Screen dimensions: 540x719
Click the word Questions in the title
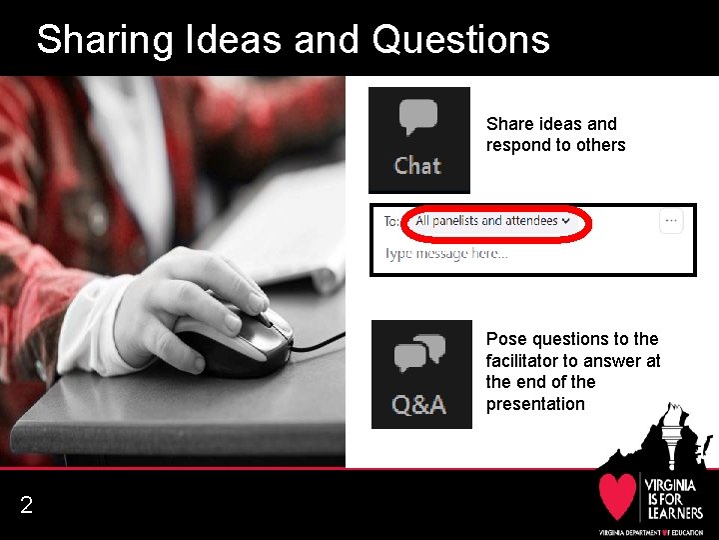point(460,40)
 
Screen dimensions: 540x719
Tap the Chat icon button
point(418,139)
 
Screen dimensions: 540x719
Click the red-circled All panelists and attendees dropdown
point(492,221)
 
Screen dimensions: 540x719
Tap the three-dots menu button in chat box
point(671,221)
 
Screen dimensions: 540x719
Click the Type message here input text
point(446,254)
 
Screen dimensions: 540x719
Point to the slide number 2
point(26,506)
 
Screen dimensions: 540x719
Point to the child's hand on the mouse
point(190,300)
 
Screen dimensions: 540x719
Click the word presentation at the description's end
point(535,404)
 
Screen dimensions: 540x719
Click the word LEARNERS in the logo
point(673,512)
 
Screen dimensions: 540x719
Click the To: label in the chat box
point(393,221)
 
